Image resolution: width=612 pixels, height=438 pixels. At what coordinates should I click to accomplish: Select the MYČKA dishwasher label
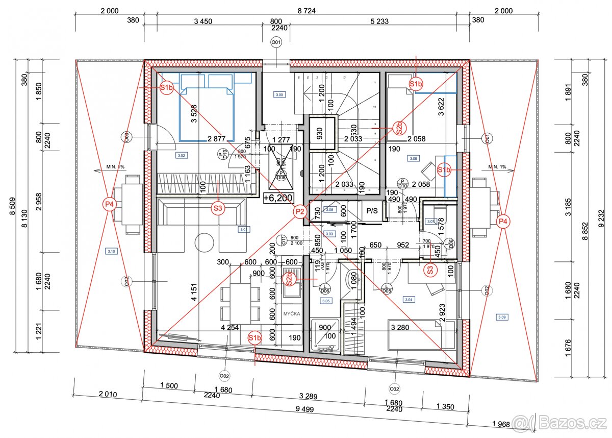[292, 314]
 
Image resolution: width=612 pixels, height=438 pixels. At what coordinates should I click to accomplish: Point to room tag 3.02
[181, 155]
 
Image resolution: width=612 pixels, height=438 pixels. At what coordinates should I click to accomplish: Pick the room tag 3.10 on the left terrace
[111, 251]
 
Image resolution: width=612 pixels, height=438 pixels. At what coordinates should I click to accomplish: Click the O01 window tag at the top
[276, 42]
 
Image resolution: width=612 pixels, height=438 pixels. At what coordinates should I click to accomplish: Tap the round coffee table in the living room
[204, 241]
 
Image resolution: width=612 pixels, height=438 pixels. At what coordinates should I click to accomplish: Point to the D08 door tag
[280, 176]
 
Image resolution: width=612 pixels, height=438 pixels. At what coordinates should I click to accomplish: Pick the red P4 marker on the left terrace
[109, 204]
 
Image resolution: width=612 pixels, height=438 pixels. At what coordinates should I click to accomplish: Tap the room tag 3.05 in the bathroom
[327, 301]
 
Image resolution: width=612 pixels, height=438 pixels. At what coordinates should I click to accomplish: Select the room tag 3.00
[279, 94]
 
